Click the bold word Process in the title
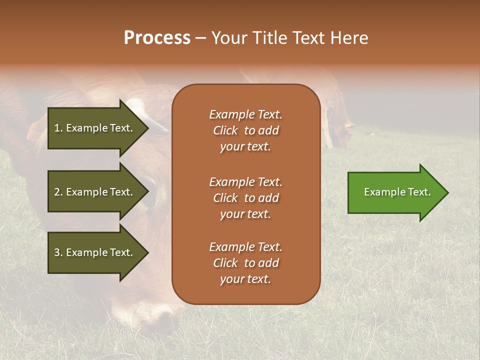pyautogui.click(x=157, y=38)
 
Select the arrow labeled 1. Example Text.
pyautogui.click(x=95, y=128)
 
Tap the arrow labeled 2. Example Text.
pyautogui.click(x=95, y=192)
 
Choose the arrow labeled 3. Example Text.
pyautogui.click(x=95, y=252)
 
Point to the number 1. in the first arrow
pyautogui.click(x=58, y=128)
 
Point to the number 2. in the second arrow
pyautogui.click(x=58, y=192)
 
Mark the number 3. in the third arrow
pyautogui.click(x=58, y=252)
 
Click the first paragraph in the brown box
pyautogui.click(x=245, y=130)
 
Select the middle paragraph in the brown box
pyautogui.click(x=245, y=198)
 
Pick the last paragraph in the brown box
pyautogui.click(x=245, y=263)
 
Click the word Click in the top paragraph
pyautogui.click(x=225, y=130)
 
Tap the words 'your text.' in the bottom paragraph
pyautogui.click(x=245, y=279)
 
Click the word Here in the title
pyautogui.click(x=350, y=38)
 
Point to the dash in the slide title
pyautogui.click(x=200, y=38)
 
